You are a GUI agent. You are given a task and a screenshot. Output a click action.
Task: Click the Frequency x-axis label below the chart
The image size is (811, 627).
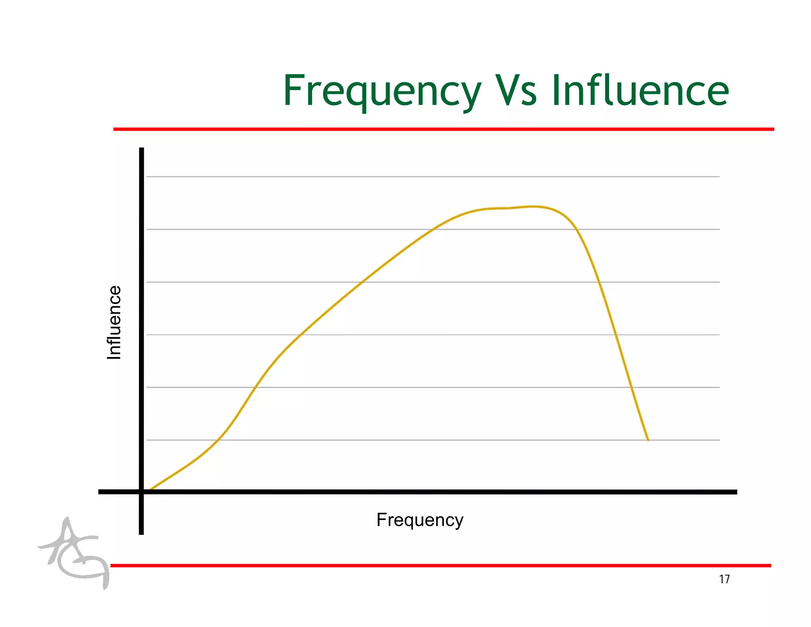pos(420,520)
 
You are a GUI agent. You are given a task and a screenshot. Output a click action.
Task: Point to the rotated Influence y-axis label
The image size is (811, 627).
pos(114,322)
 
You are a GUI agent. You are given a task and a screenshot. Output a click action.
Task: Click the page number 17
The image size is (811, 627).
pos(724,579)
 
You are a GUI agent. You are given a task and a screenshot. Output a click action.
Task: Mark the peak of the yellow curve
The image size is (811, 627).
pos(533,206)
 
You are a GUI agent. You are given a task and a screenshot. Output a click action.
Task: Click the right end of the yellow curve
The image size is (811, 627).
pos(648,440)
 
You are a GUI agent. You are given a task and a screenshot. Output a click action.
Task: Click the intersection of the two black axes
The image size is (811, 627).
pos(141,492)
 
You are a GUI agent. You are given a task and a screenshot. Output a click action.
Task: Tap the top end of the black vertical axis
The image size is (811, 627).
pos(141,149)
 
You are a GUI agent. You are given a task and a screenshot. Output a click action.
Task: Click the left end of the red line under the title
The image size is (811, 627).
pos(115,129)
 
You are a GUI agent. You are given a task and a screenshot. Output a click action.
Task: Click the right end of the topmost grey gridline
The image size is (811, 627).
pos(719,177)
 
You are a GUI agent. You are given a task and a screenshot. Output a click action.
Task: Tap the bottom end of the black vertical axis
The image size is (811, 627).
pos(141,533)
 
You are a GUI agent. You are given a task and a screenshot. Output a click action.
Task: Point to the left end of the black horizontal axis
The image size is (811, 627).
pos(99,492)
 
